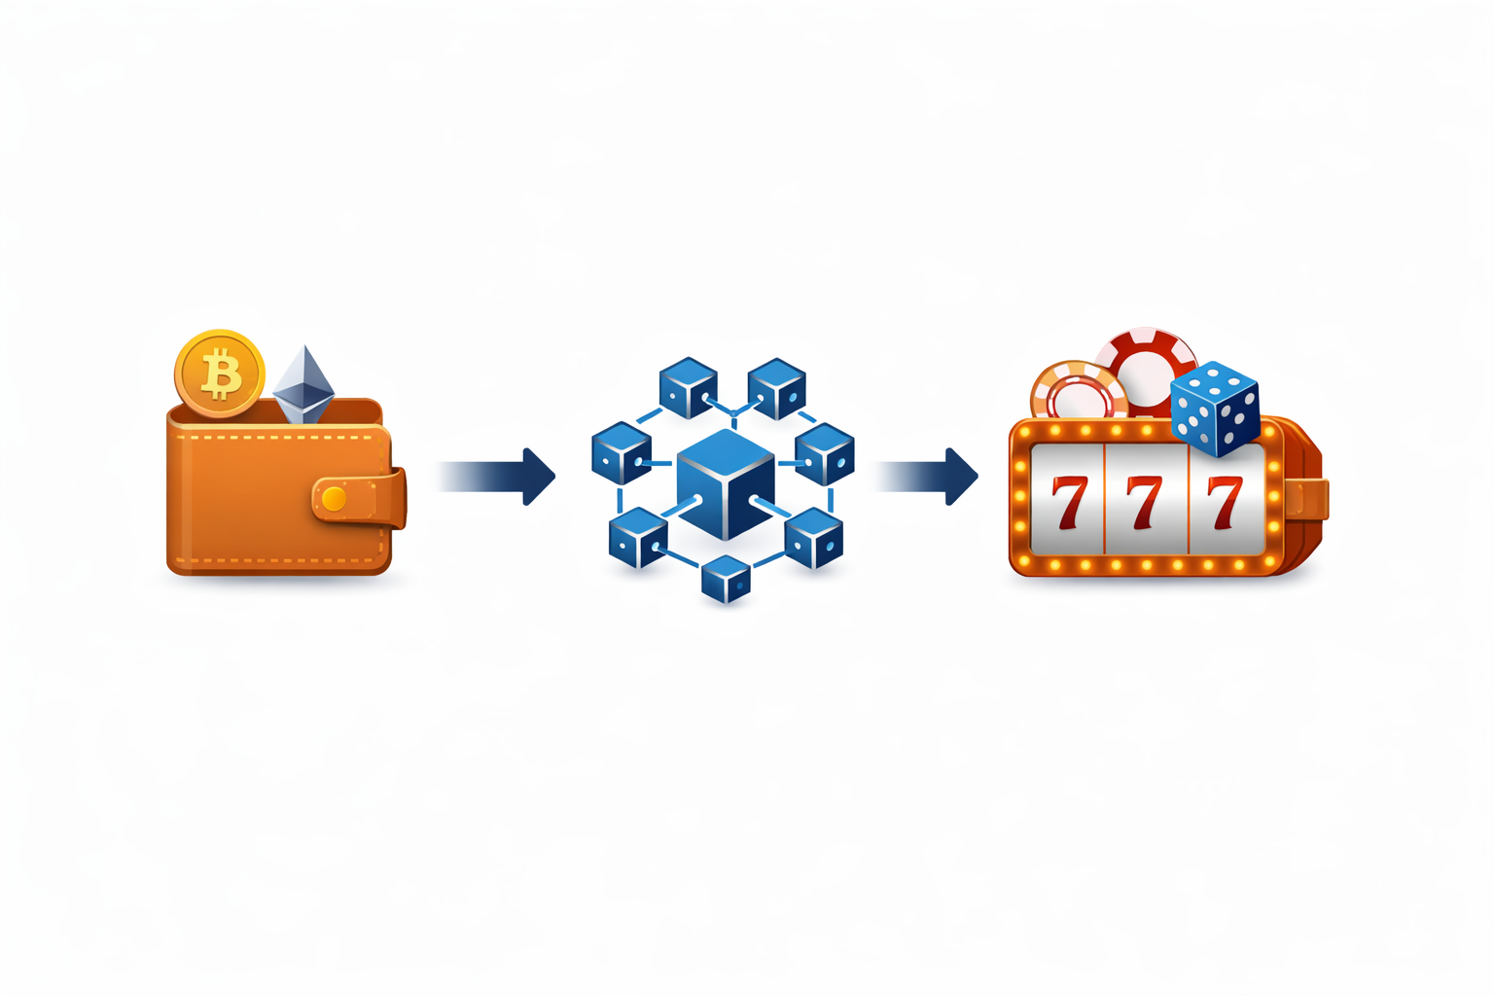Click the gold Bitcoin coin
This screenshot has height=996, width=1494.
tap(220, 373)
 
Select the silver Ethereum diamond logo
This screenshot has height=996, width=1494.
tap(303, 383)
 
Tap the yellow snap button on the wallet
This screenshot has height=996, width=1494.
tap(334, 499)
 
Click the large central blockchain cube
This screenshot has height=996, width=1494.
tap(726, 484)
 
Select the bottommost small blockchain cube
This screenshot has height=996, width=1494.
tap(726, 579)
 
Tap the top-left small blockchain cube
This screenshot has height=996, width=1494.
tap(688, 387)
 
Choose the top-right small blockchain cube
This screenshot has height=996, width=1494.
tap(776, 387)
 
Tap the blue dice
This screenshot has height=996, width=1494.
tap(1216, 409)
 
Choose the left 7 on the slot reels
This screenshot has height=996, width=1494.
tap(1069, 502)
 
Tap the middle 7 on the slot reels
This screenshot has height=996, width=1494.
tap(1145, 502)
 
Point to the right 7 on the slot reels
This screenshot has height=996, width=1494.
tap(1223, 502)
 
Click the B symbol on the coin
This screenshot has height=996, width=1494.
tap(221, 374)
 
